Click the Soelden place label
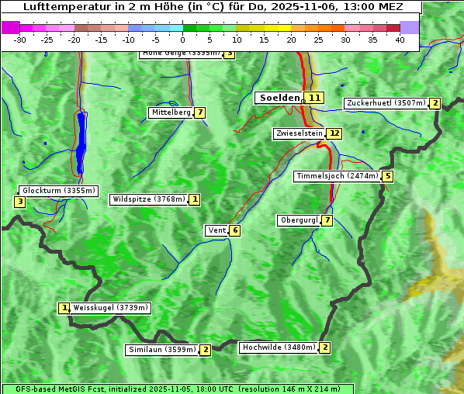pos(279,98)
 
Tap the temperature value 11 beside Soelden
pos(313,98)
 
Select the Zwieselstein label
pos(299,133)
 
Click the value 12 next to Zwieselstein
pos(334,133)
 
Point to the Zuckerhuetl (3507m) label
pos(386,103)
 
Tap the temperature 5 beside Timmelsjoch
pos(387,176)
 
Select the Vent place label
pos(216,230)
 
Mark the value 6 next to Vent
pos(234,230)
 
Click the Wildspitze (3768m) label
pos(149,199)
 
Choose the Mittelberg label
pos(170,112)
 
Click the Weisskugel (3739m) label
pos(109,308)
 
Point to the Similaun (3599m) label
pos(161,350)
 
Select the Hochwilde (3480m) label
pos(278,347)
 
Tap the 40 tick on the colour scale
pos(400,39)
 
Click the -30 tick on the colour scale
pos(21,39)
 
